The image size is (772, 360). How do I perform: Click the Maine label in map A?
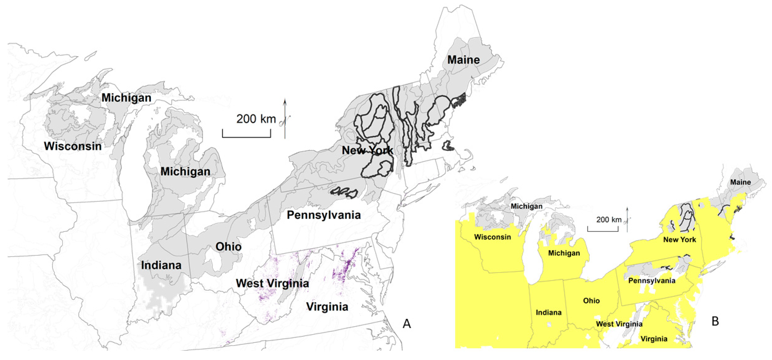pyautogui.click(x=463, y=60)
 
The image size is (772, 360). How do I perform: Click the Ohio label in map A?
pyautogui.click(x=228, y=247)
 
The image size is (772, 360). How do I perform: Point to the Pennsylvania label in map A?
pyautogui.click(x=324, y=215)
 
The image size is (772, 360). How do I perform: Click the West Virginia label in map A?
pyautogui.click(x=272, y=283)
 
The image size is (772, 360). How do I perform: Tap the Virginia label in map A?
pyautogui.click(x=327, y=307)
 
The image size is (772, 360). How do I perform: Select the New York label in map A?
pyautogui.click(x=367, y=150)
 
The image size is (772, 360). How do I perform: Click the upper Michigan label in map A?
pyautogui.click(x=126, y=98)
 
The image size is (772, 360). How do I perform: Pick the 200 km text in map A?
pyautogui.click(x=256, y=119)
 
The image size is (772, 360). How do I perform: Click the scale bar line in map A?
pyautogui.click(x=246, y=137)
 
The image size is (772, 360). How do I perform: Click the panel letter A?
pyautogui.click(x=407, y=324)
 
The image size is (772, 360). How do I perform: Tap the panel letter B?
pyautogui.click(x=715, y=321)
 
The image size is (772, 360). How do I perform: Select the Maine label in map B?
pyautogui.click(x=740, y=182)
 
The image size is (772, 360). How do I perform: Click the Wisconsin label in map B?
pyautogui.click(x=492, y=237)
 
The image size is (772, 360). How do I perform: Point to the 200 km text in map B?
pyautogui.click(x=609, y=220)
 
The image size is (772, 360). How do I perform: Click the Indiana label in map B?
pyautogui.click(x=548, y=312)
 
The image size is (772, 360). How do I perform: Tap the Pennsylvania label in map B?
pyautogui.click(x=652, y=281)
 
